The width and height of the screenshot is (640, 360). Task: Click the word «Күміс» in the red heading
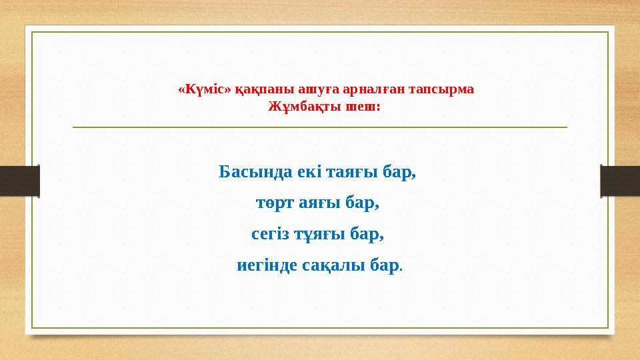(x=205, y=89)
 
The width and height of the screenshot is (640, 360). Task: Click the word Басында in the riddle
(x=251, y=172)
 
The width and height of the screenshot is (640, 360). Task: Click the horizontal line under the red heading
(x=319, y=127)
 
